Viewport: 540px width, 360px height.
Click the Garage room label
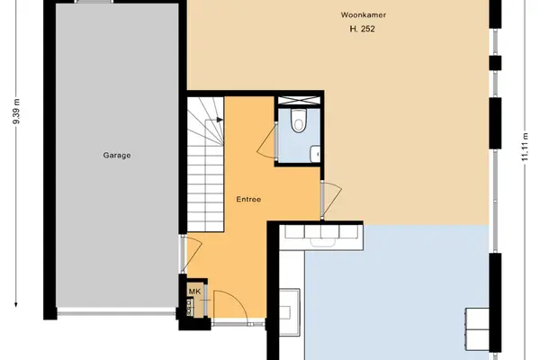[x=117, y=156]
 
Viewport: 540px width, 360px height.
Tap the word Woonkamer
[x=364, y=14]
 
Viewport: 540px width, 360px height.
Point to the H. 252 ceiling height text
[x=362, y=29]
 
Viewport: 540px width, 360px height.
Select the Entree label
[x=248, y=199]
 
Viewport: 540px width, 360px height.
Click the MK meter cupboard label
[x=194, y=292]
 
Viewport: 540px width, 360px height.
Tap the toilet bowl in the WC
[x=298, y=121]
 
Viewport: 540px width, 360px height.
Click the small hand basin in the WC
[x=315, y=154]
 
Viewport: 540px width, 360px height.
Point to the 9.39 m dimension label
[x=16, y=112]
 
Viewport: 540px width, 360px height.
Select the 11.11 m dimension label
[x=525, y=147]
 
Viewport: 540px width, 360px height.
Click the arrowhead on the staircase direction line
[x=220, y=120]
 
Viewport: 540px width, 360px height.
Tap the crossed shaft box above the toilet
[x=299, y=100]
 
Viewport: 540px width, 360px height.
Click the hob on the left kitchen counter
[x=289, y=311]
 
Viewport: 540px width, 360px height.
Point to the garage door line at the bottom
[x=116, y=314]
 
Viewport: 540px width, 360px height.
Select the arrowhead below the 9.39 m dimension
[x=16, y=304]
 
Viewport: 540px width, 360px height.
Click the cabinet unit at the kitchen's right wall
[x=477, y=329]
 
